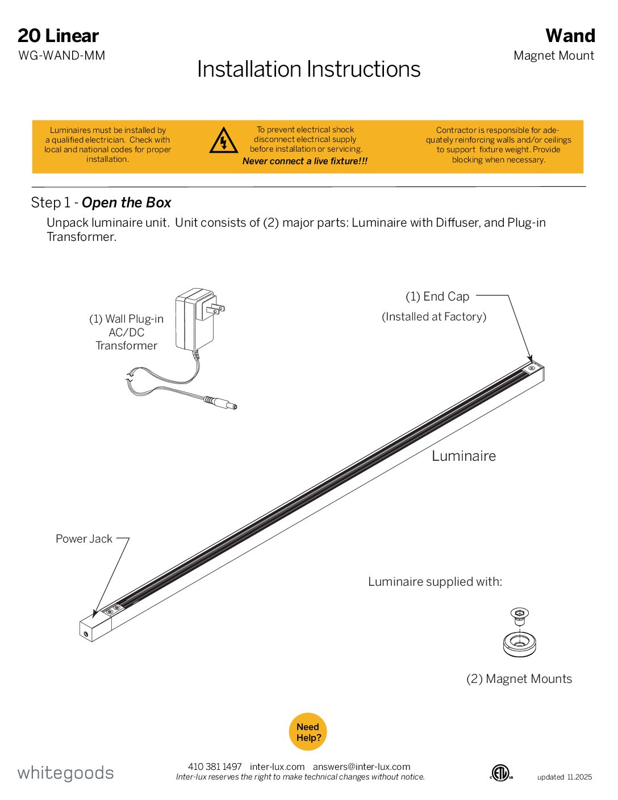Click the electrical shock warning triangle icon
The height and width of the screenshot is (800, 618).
tap(223, 140)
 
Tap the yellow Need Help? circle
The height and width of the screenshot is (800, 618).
tap(308, 732)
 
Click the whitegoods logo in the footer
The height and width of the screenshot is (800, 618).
tap(65, 773)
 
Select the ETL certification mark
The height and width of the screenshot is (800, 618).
tap(501, 772)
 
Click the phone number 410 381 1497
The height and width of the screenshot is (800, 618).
tap(215, 766)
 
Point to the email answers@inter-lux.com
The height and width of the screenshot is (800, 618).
tap(361, 766)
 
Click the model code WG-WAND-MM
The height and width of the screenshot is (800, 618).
tap(62, 56)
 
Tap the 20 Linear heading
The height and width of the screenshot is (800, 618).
tap(58, 36)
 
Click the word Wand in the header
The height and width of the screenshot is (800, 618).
tap(570, 36)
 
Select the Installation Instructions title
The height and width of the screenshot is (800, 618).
tap(308, 69)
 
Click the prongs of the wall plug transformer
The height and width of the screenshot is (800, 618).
tap(216, 309)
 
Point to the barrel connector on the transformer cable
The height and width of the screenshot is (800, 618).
tap(221, 403)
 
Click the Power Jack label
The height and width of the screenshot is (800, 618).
tap(84, 539)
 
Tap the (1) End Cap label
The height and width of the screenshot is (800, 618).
tap(437, 297)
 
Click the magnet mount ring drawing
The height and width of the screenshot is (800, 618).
tap(519, 644)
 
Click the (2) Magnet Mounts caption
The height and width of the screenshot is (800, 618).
tap(519, 679)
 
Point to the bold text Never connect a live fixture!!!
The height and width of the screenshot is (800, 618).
tap(305, 161)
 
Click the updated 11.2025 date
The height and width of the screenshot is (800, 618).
tap(564, 777)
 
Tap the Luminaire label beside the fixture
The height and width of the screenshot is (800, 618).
tap(463, 456)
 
